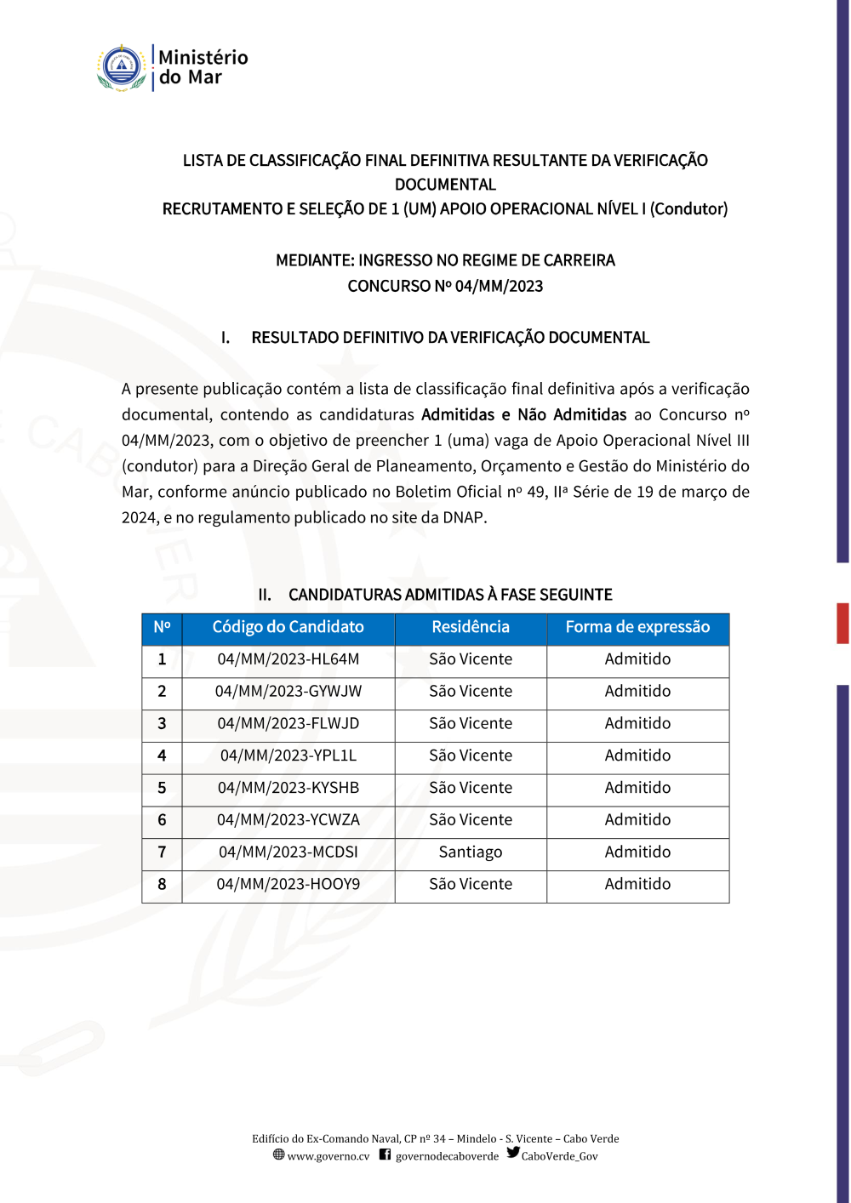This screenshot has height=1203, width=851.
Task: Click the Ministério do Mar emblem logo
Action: [x=122, y=68]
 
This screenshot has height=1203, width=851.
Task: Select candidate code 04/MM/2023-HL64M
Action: [x=288, y=659]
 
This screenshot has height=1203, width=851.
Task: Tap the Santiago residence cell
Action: [x=471, y=852]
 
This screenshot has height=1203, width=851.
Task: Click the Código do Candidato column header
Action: [x=288, y=627]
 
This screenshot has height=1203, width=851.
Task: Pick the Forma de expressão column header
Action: [x=637, y=627]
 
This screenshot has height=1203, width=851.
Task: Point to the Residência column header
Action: [x=471, y=627]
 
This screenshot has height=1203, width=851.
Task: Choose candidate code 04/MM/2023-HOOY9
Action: [x=288, y=885]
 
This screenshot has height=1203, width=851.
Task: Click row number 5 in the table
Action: [x=162, y=788]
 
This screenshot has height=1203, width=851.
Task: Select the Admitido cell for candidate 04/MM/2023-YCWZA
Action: [x=637, y=820]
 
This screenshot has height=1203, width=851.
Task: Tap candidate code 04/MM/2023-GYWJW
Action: [x=288, y=692]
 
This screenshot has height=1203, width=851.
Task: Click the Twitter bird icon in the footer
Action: [x=513, y=1153]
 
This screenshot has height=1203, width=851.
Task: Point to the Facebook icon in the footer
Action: [x=385, y=1155]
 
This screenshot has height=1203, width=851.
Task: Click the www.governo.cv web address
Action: [x=328, y=1156]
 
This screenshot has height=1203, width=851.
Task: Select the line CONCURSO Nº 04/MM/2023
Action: [x=445, y=286]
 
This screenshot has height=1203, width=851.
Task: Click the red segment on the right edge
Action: [x=842, y=623]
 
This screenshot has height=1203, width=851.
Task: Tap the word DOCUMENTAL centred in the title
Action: [x=445, y=185]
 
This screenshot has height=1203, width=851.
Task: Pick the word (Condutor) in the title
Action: [x=688, y=209]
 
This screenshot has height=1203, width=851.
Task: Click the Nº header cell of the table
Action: [x=162, y=627]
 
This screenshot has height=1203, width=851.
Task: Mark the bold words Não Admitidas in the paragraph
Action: [x=572, y=415]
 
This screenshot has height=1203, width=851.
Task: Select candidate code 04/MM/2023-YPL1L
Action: [x=288, y=755]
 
